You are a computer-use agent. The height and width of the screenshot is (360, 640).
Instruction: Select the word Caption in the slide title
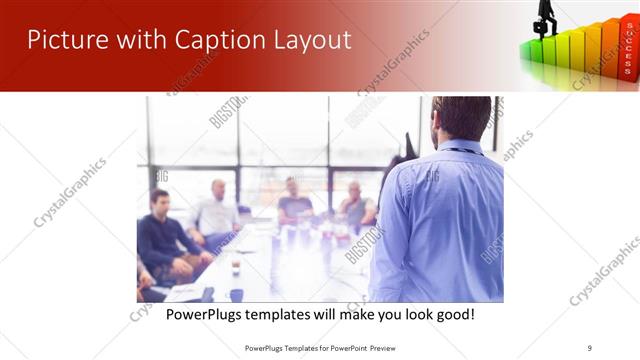(209, 40)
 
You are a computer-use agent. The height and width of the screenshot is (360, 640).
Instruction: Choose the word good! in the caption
(452, 315)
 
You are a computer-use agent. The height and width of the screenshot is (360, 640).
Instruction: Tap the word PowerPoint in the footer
(342, 347)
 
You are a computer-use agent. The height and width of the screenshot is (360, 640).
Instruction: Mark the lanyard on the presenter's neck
(459, 150)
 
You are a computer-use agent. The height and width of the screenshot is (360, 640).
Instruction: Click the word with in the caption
(358, 315)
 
